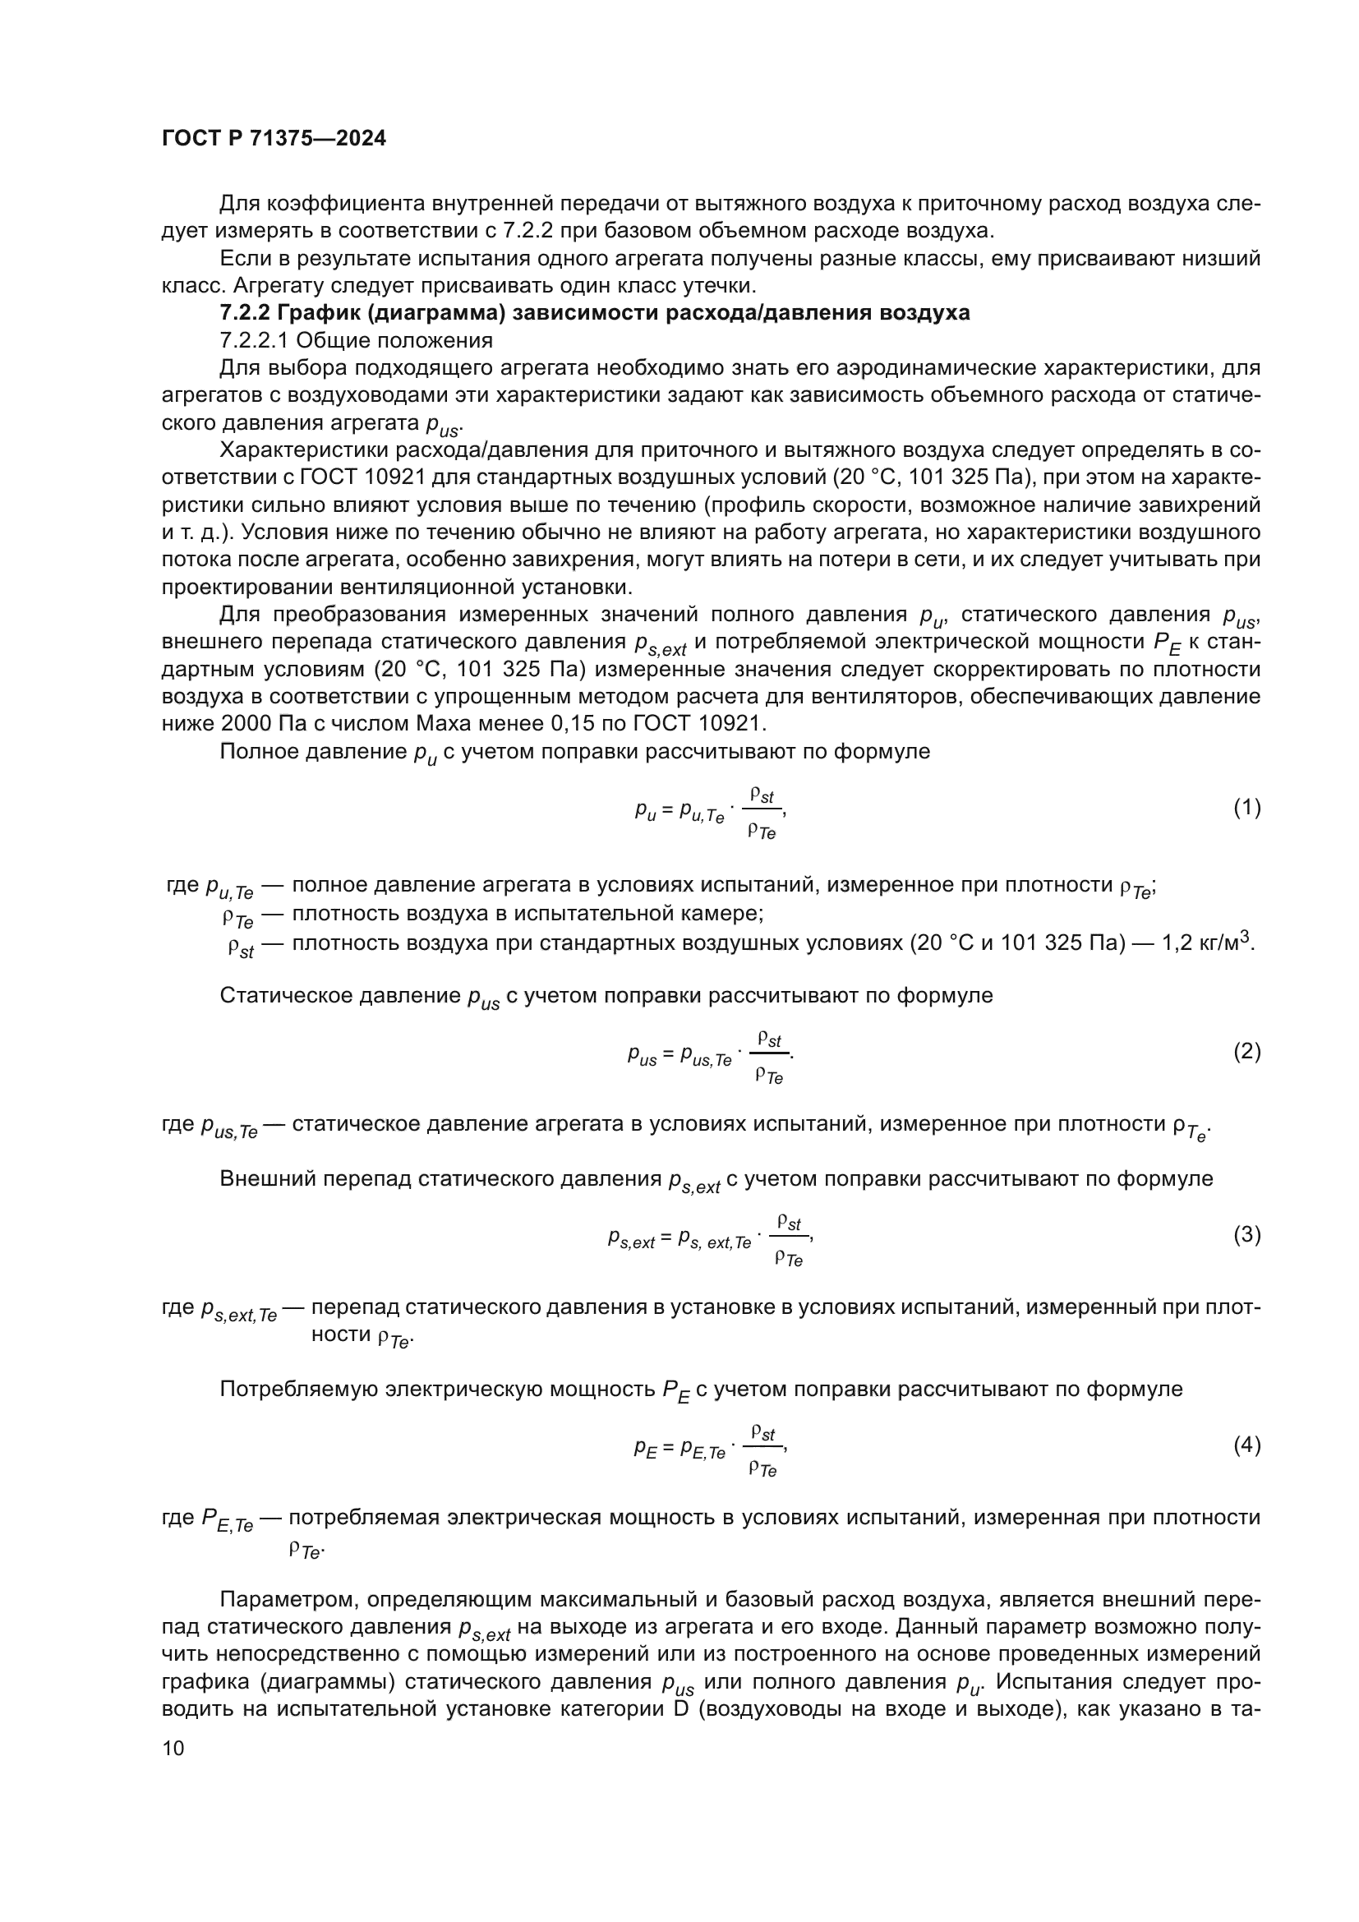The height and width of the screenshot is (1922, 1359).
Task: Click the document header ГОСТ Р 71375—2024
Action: pyautogui.click(x=274, y=139)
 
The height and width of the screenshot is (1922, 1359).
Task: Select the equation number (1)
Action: pyautogui.click(x=1246, y=807)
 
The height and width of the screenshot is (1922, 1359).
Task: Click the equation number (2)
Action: pyautogui.click(x=1246, y=1052)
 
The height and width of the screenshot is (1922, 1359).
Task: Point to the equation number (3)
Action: pyautogui.click(x=1246, y=1235)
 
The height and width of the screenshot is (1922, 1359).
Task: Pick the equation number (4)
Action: pyautogui.click(x=1246, y=1445)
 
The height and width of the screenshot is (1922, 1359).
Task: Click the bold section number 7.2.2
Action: pyautogui.click(x=245, y=313)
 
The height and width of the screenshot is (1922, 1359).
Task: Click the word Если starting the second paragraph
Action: pyautogui.click(x=242, y=259)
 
